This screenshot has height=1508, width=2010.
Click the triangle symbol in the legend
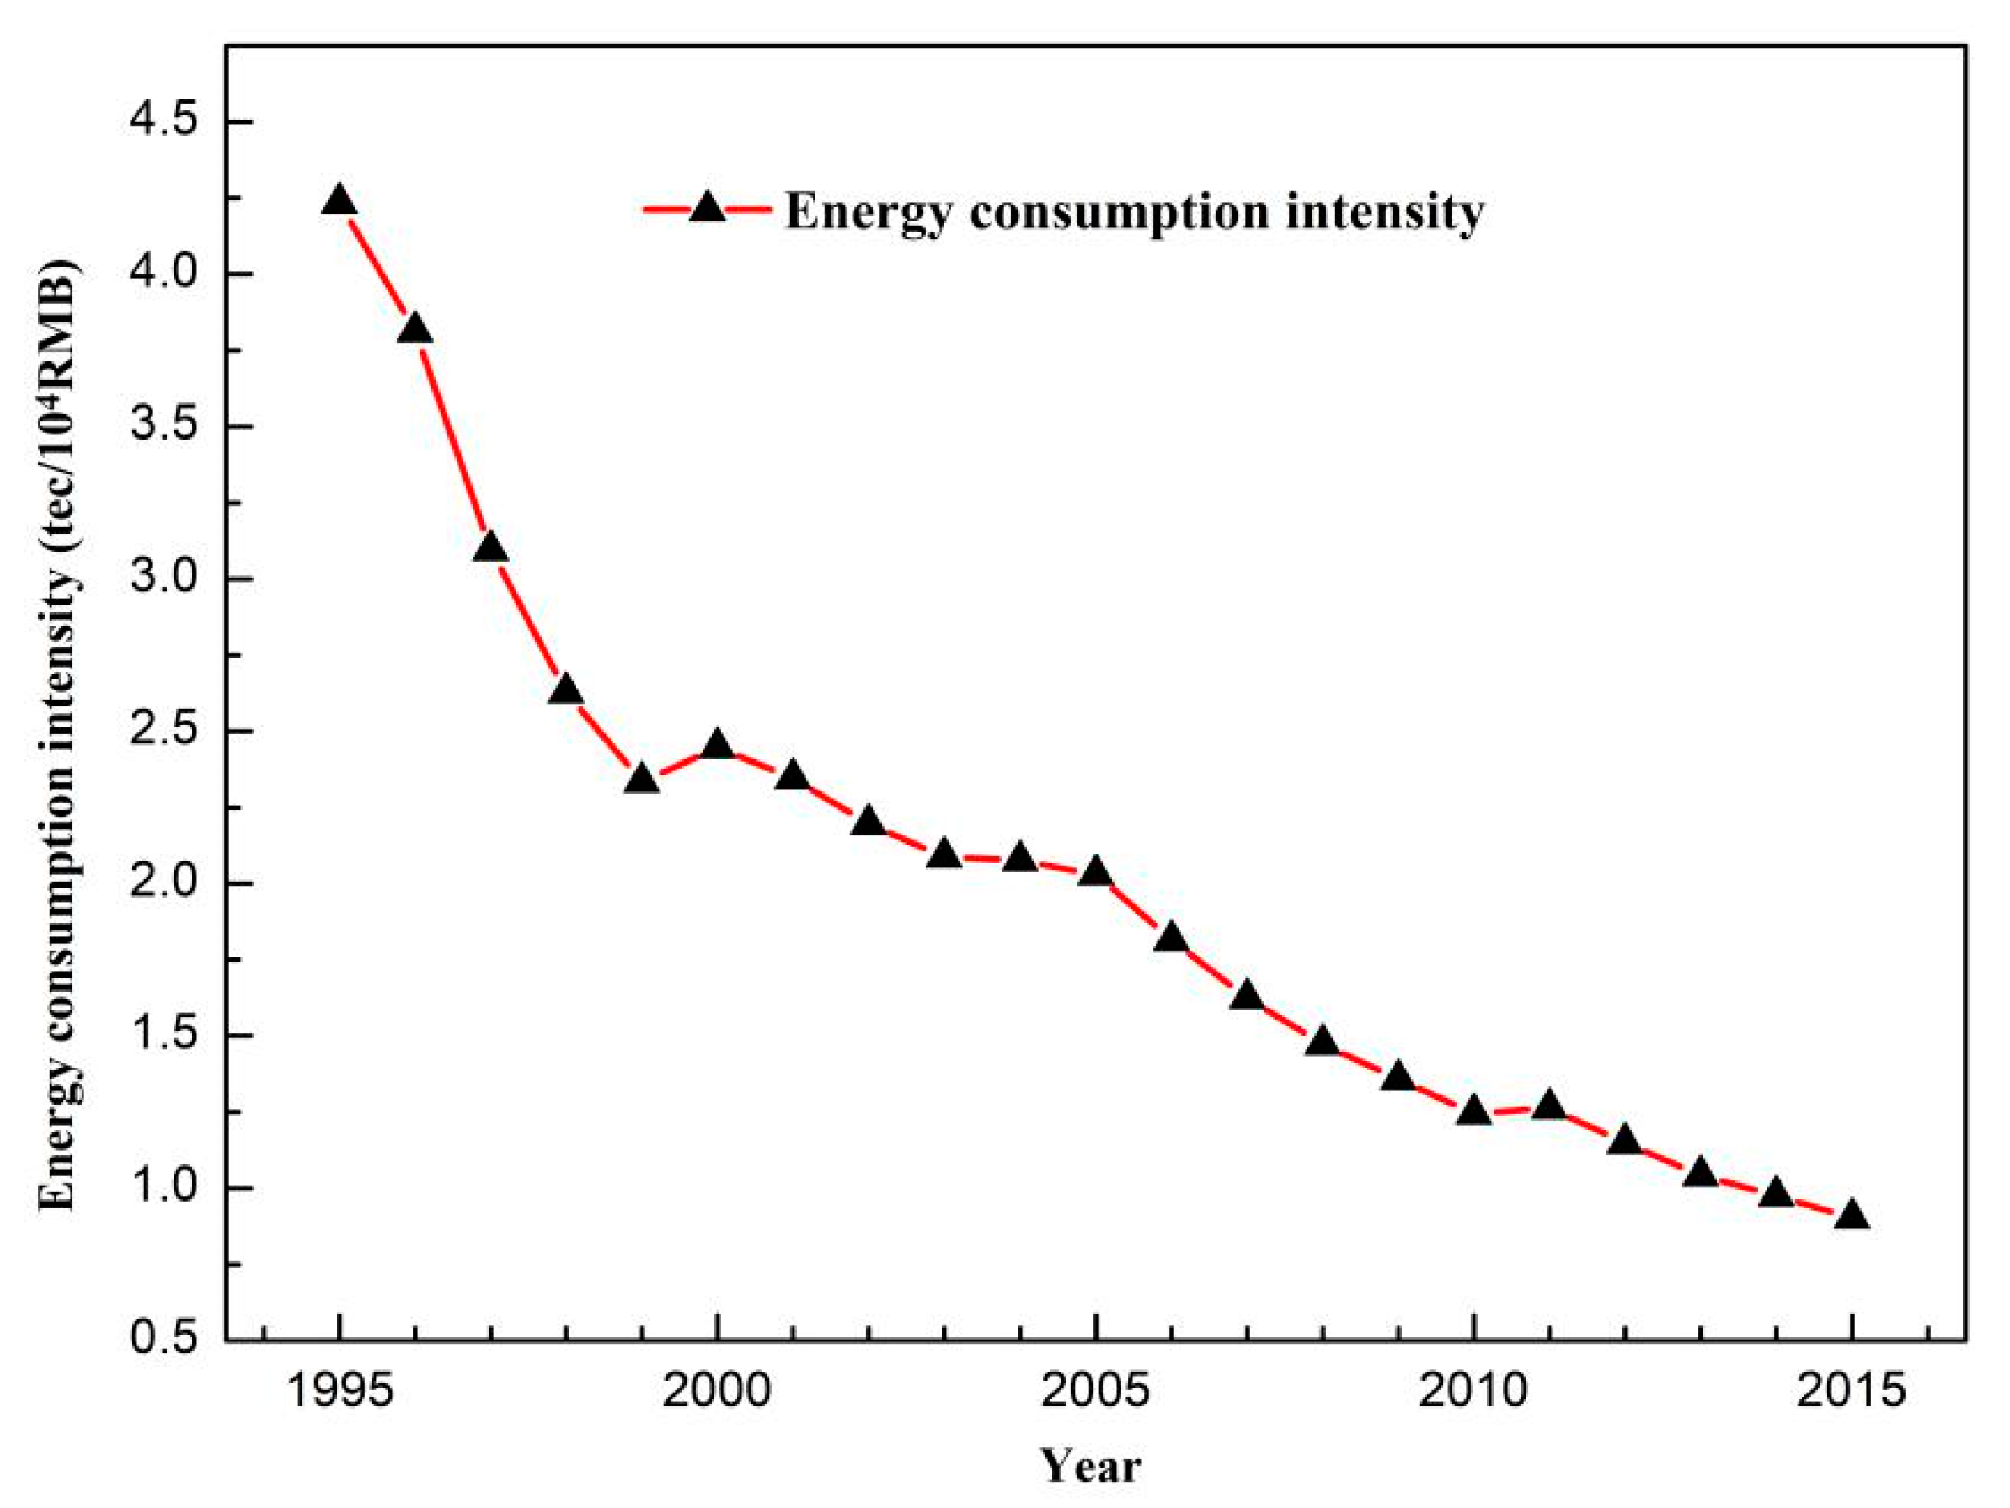[707, 210]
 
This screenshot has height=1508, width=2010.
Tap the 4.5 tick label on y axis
[164, 122]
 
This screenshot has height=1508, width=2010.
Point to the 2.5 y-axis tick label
[164, 732]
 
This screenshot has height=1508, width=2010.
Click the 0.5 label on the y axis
[164, 1340]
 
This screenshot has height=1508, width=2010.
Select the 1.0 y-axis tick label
[164, 1188]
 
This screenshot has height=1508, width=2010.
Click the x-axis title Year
[1090, 1466]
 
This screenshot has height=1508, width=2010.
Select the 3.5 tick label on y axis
[164, 426]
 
